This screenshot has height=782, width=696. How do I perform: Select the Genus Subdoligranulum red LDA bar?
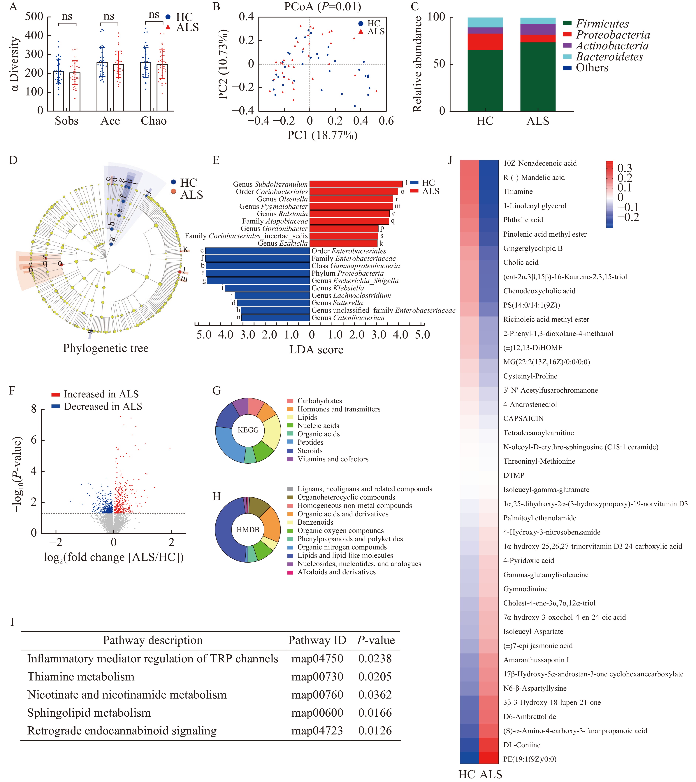click(x=356, y=184)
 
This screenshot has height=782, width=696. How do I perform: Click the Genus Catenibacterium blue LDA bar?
click(x=275, y=318)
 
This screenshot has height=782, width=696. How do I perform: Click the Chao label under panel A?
click(x=154, y=121)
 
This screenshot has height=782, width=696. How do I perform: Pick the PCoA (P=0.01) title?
click(x=322, y=6)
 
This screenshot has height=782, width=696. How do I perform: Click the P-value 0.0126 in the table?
click(x=375, y=731)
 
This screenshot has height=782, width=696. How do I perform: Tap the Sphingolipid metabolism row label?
click(x=89, y=713)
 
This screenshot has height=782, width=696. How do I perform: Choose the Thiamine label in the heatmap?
click(x=518, y=191)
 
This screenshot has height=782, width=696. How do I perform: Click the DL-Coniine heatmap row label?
click(x=522, y=745)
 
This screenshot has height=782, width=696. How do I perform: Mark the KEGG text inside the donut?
click(x=248, y=430)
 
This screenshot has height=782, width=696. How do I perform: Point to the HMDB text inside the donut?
click(x=248, y=530)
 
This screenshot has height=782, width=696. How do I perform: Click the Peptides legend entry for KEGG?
click(x=310, y=442)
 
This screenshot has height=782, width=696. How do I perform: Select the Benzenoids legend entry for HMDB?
click(x=315, y=522)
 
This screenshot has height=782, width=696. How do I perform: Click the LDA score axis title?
click(x=316, y=350)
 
